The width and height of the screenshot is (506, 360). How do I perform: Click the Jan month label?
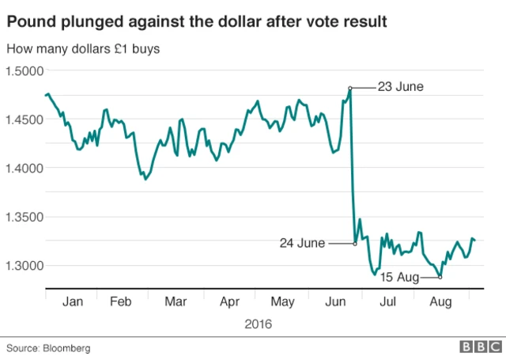click(72, 301)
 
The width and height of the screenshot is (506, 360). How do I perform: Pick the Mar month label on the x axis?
click(177, 301)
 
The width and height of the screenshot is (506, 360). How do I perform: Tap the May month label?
click(282, 301)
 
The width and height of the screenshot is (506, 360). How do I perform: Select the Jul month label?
click(388, 301)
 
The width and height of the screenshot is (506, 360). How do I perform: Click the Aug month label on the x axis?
click(440, 301)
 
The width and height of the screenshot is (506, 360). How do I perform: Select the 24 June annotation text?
click(301, 244)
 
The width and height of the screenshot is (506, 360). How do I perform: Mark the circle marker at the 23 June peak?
click(349, 88)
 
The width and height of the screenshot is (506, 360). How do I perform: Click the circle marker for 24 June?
click(353, 244)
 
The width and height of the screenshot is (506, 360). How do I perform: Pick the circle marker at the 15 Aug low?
click(440, 277)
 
